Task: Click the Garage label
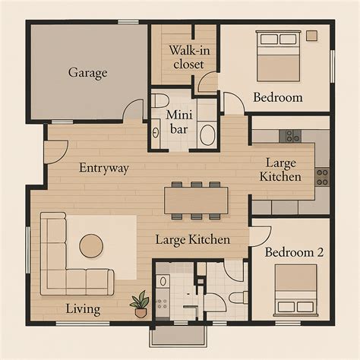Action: click(88, 73)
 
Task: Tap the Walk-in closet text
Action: click(187, 57)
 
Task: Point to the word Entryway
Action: click(103, 168)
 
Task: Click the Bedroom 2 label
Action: click(294, 252)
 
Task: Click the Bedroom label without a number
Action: click(277, 97)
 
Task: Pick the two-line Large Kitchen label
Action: click(283, 169)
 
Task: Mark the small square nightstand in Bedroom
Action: click(311, 36)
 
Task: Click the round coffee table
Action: click(92, 245)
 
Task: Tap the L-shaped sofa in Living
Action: click(65, 262)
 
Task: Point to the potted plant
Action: click(140, 304)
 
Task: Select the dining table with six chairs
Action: click(197, 200)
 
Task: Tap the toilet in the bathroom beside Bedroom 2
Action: click(235, 297)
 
